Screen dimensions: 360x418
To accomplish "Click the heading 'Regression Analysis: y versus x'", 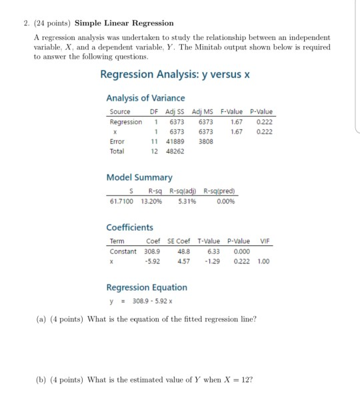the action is click(174, 75).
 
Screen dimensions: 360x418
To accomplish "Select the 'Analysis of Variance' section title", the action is click(146, 98).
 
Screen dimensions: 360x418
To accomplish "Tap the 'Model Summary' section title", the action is click(139, 177).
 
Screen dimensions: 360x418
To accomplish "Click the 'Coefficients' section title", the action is click(129, 227).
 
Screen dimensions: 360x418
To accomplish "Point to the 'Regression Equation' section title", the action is click(147, 287).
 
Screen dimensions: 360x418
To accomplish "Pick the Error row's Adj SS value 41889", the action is click(175, 141).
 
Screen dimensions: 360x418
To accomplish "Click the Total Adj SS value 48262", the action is click(175, 151).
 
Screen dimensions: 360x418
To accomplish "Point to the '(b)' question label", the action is click(41, 381).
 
